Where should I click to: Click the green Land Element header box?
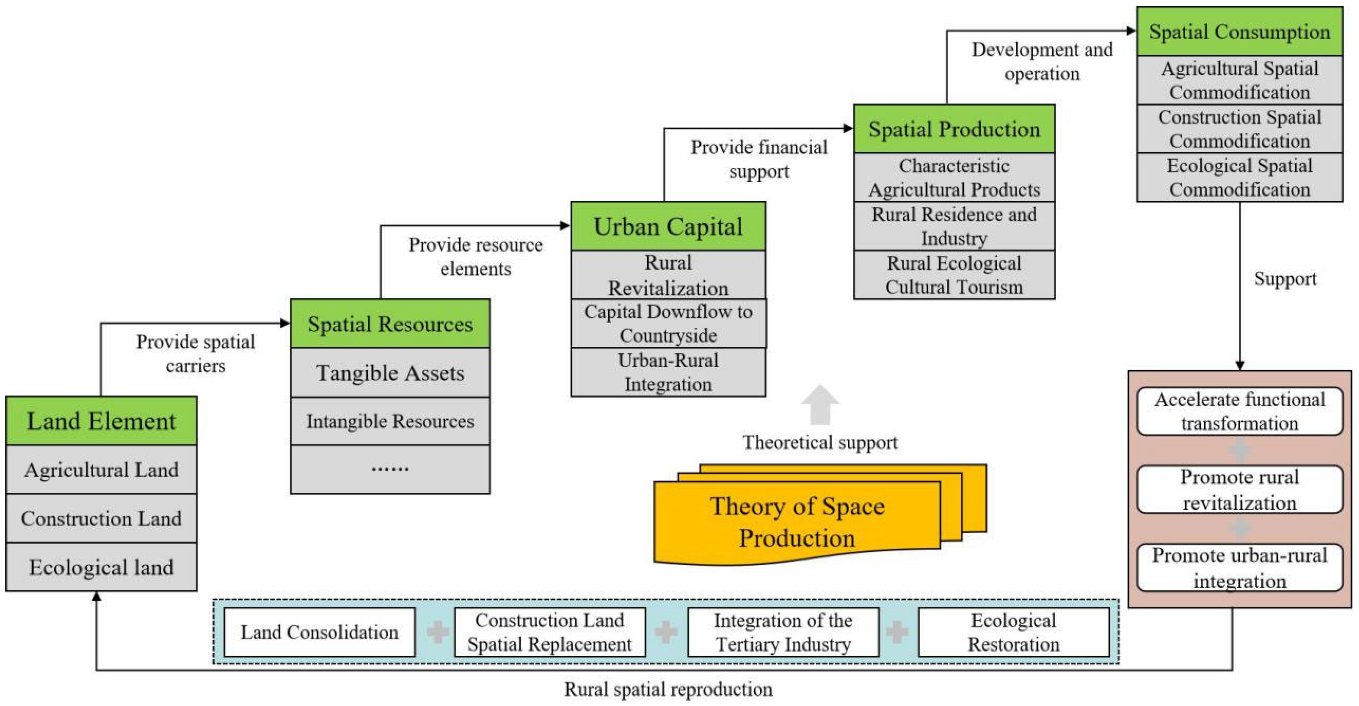[x=101, y=421]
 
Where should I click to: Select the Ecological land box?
[x=101, y=567]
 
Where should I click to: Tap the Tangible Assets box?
[x=390, y=373]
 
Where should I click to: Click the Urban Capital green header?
[x=668, y=226]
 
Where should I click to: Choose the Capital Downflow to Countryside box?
[x=668, y=323]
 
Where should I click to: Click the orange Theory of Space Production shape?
[x=797, y=522]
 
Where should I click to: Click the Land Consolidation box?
[x=320, y=632]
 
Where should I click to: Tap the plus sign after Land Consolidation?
[x=437, y=632]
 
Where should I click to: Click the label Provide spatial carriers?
[x=195, y=353]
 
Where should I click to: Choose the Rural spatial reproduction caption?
[x=668, y=689]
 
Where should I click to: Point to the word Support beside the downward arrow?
[x=1285, y=279]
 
